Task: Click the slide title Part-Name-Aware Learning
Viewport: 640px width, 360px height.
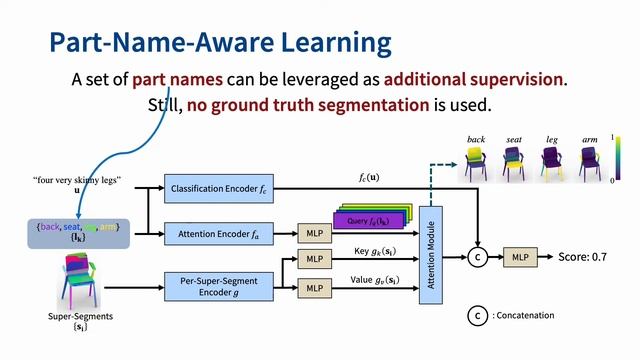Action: [x=220, y=43]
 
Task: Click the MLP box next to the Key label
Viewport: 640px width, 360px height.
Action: [x=315, y=258]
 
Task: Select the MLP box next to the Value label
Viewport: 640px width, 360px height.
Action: [x=315, y=288]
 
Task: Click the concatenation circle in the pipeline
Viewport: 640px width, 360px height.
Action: [x=477, y=257]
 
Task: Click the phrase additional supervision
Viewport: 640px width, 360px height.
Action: [x=474, y=78]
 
